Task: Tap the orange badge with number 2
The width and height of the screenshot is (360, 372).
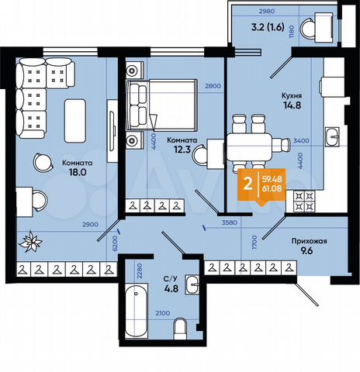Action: click(247, 185)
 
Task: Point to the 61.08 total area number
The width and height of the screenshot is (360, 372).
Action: click(272, 191)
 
